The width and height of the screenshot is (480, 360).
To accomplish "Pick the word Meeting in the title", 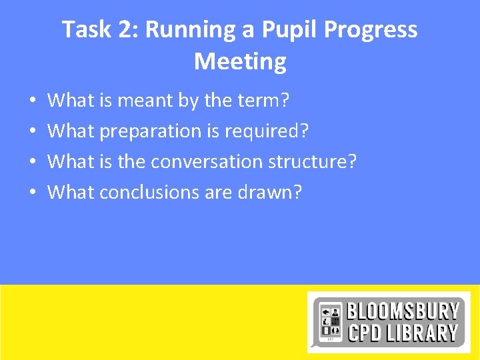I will pyautogui.click(x=240, y=61).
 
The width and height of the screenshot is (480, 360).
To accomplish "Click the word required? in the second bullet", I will pyautogui.click(x=267, y=131).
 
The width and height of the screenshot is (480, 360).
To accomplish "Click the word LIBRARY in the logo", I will pyautogui.click(x=424, y=333).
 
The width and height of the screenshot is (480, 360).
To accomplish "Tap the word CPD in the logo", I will pyautogui.click(x=365, y=333).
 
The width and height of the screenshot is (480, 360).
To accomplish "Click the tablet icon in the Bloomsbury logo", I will pyautogui.click(x=329, y=321).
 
